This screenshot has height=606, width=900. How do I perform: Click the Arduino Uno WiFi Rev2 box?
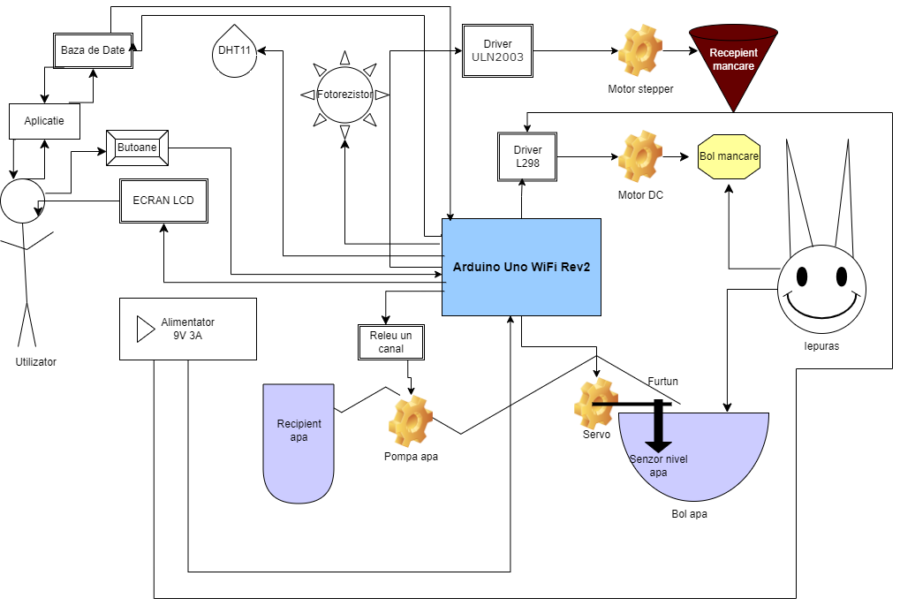[x=521, y=267]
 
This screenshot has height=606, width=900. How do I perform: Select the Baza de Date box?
[x=93, y=50]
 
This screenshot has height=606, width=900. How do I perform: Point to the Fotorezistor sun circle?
[x=344, y=94]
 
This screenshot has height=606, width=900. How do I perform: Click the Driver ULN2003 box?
[x=497, y=50]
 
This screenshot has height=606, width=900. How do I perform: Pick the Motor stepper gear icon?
[x=640, y=51]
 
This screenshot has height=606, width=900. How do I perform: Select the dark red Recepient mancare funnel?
[x=733, y=62]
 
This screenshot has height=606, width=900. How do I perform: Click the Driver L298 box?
[x=527, y=157]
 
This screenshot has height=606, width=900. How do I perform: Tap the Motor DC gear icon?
[x=640, y=157]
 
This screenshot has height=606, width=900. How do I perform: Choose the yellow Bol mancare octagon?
[x=729, y=157]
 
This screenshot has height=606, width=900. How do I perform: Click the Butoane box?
[x=137, y=148]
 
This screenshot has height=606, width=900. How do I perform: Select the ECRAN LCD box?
[x=163, y=201]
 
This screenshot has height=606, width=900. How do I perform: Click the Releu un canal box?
[x=391, y=342]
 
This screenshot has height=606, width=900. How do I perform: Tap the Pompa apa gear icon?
[x=411, y=421]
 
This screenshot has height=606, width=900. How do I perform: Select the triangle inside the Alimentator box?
[x=144, y=330]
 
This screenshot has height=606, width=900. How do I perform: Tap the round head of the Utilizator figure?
[x=21, y=201]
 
